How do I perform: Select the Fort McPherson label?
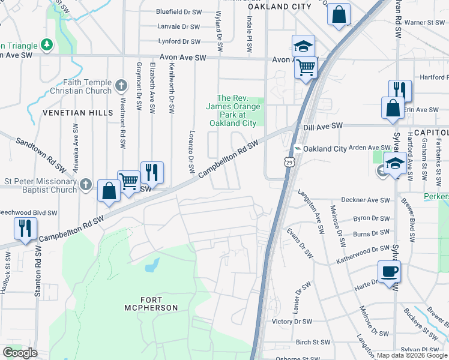coord(151,304)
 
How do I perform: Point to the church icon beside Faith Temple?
coord(121,86)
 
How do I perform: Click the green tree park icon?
coord(46,45)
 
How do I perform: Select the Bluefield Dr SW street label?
coord(178,11)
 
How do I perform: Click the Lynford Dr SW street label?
coord(179,41)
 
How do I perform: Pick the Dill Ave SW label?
coord(322,126)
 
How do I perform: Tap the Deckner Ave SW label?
coord(366,200)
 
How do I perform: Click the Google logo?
coord(20,353)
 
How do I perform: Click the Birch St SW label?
coord(313,342)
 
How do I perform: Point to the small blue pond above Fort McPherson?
coord(152,265)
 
